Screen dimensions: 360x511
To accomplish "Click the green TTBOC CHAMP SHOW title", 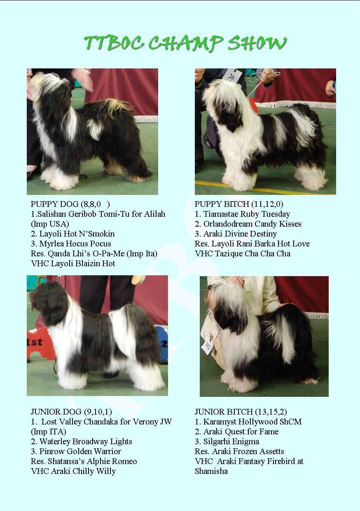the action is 185,43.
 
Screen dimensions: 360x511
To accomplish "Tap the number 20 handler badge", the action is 232,75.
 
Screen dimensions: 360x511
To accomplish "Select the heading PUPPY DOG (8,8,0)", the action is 70,204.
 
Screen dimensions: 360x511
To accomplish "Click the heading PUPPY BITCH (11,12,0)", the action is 239,204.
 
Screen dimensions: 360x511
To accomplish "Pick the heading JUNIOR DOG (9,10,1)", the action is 71,412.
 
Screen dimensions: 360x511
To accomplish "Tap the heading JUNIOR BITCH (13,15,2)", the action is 241,412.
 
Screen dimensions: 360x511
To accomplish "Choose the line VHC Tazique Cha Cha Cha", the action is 243,253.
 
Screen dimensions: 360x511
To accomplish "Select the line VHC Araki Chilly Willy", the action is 73,471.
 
